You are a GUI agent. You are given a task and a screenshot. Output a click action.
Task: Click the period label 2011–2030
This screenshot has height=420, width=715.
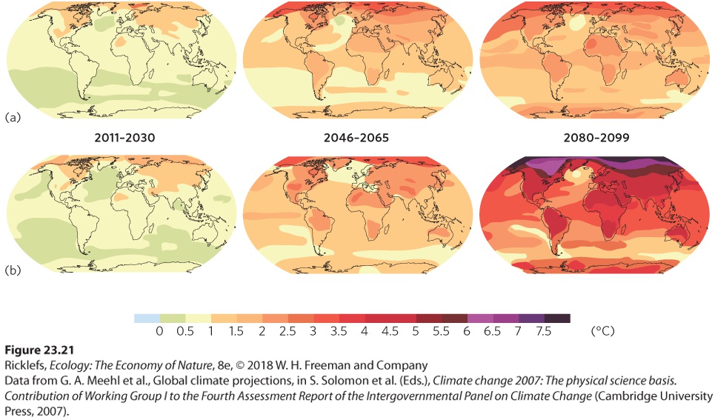tap(124, 138)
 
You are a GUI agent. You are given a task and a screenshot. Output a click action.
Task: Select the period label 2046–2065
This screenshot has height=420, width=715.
tap(356, 138)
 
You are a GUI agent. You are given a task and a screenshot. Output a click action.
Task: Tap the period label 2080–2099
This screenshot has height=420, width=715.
tap(596, 138)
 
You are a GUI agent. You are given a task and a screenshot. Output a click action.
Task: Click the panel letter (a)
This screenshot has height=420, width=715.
tap(13, 117)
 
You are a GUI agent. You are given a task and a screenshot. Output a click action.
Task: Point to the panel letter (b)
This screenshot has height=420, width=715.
tap(13, 270)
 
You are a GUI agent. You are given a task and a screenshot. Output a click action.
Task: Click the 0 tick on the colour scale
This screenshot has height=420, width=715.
tap(159, 331)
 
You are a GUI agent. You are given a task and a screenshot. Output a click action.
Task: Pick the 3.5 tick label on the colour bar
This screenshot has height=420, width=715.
tap(339, 331)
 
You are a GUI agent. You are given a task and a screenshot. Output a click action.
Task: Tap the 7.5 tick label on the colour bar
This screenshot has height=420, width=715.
tap(544, 331)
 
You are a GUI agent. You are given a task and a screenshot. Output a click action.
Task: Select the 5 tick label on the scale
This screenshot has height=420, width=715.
tap(416, 331)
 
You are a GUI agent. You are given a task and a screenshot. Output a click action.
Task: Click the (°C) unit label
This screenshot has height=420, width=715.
tap(602, 331)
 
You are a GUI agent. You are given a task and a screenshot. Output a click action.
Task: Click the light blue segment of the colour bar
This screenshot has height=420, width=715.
tap(147, 319)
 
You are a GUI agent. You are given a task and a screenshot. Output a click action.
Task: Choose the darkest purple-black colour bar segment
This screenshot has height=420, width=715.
tap(557, 319)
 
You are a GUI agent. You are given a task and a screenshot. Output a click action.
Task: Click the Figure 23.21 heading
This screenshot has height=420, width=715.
tap(39, 350)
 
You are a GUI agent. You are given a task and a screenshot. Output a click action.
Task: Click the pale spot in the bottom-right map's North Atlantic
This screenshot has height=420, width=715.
tap(577, 173)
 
